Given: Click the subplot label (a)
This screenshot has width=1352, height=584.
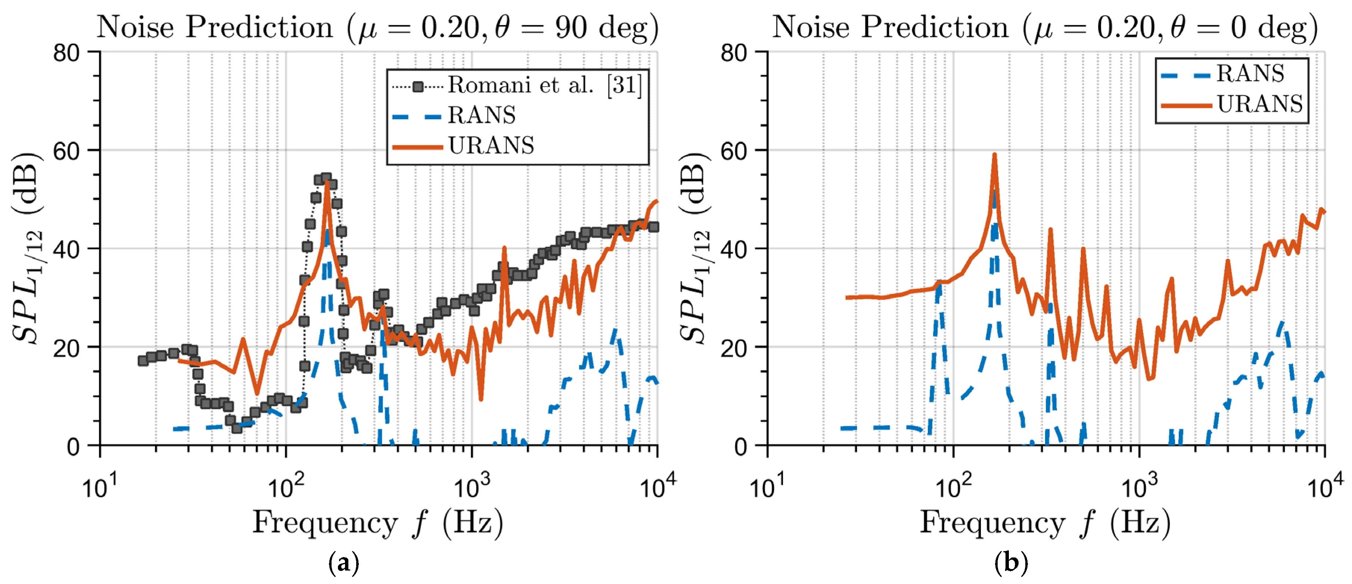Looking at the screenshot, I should (344, 563).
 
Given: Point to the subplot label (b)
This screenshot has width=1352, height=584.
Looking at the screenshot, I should (1011, 563).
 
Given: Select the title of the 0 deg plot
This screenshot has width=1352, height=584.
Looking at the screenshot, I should (1044, 27).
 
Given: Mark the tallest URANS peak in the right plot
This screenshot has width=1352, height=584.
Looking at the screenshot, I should (994, 155).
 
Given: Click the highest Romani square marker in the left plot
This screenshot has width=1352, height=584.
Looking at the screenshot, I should (326, 178).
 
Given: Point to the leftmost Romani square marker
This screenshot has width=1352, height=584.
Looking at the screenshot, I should (143, 361).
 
